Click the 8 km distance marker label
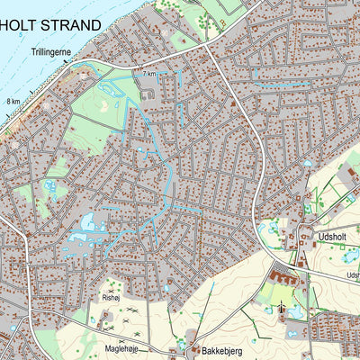coord(13,102)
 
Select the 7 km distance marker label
coord(149,73)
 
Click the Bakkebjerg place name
coord(223,346)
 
